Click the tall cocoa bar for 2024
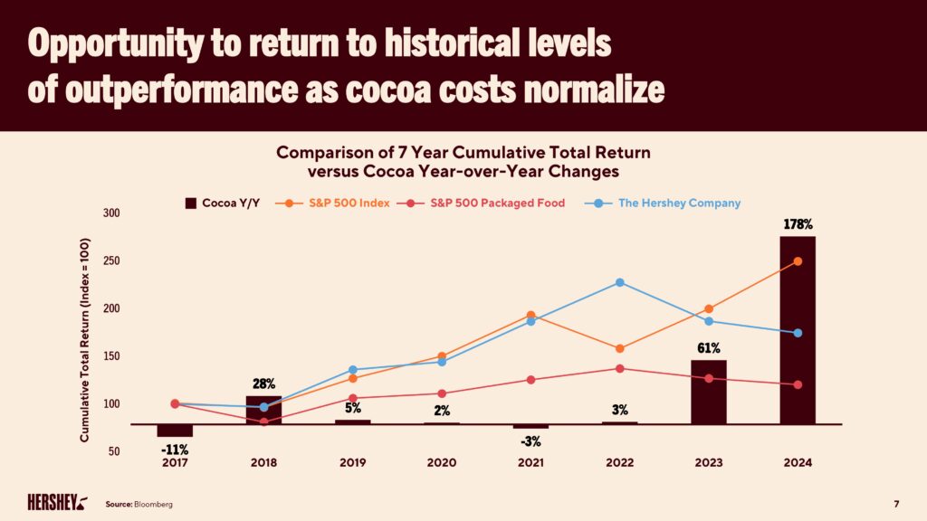797,329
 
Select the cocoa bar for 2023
708,392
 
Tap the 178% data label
797,223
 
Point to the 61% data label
708,347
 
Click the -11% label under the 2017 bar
174,448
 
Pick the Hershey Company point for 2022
619,282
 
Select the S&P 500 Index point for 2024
798,261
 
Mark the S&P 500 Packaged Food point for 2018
263,422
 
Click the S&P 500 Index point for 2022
619,348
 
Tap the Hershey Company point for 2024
798,333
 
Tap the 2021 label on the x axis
530,463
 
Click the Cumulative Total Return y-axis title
84,340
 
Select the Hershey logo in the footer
57,502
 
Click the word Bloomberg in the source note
154,503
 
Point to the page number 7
896,503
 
